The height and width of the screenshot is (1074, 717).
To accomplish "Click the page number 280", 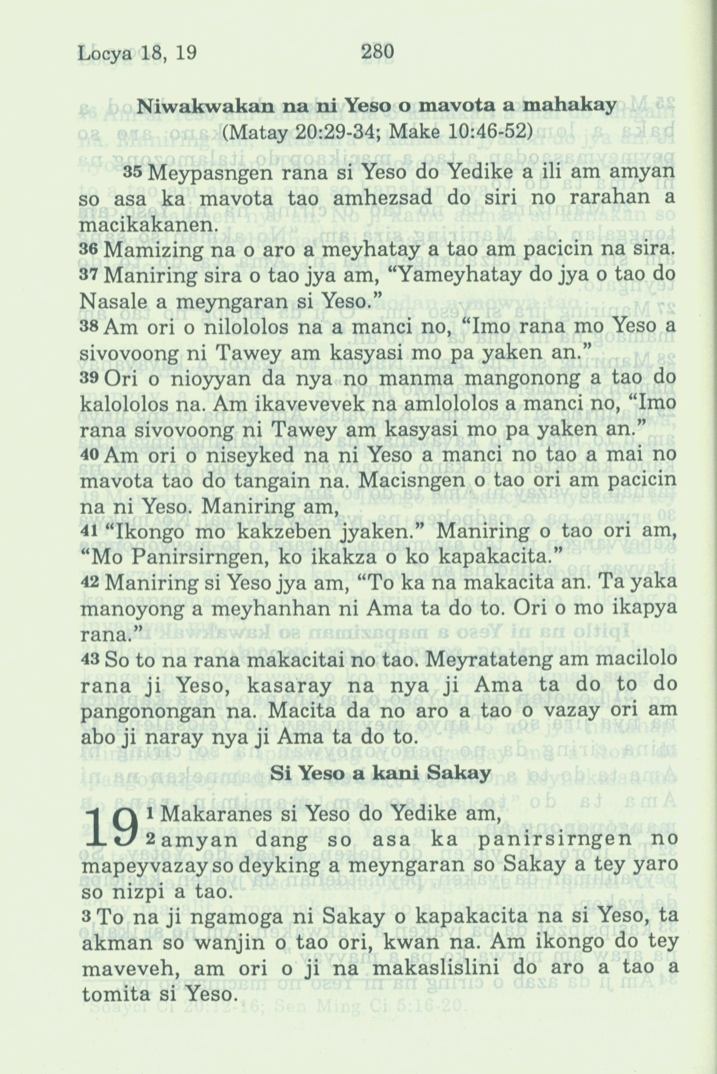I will pos(377,52).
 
